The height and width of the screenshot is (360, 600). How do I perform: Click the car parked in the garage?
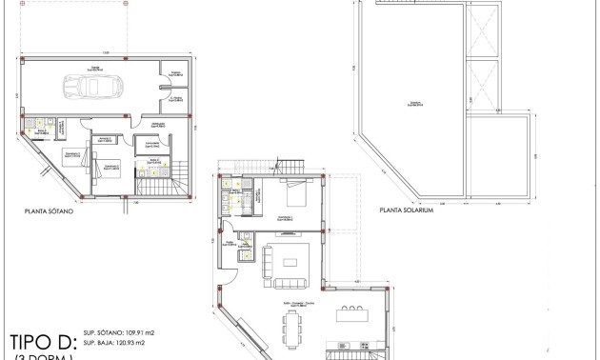click(88, 88)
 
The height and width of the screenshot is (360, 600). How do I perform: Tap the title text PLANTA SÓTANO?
click(50, 213)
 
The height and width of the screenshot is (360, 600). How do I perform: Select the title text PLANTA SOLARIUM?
click(406, 213)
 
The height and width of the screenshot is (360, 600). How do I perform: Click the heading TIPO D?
click(41, 341)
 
